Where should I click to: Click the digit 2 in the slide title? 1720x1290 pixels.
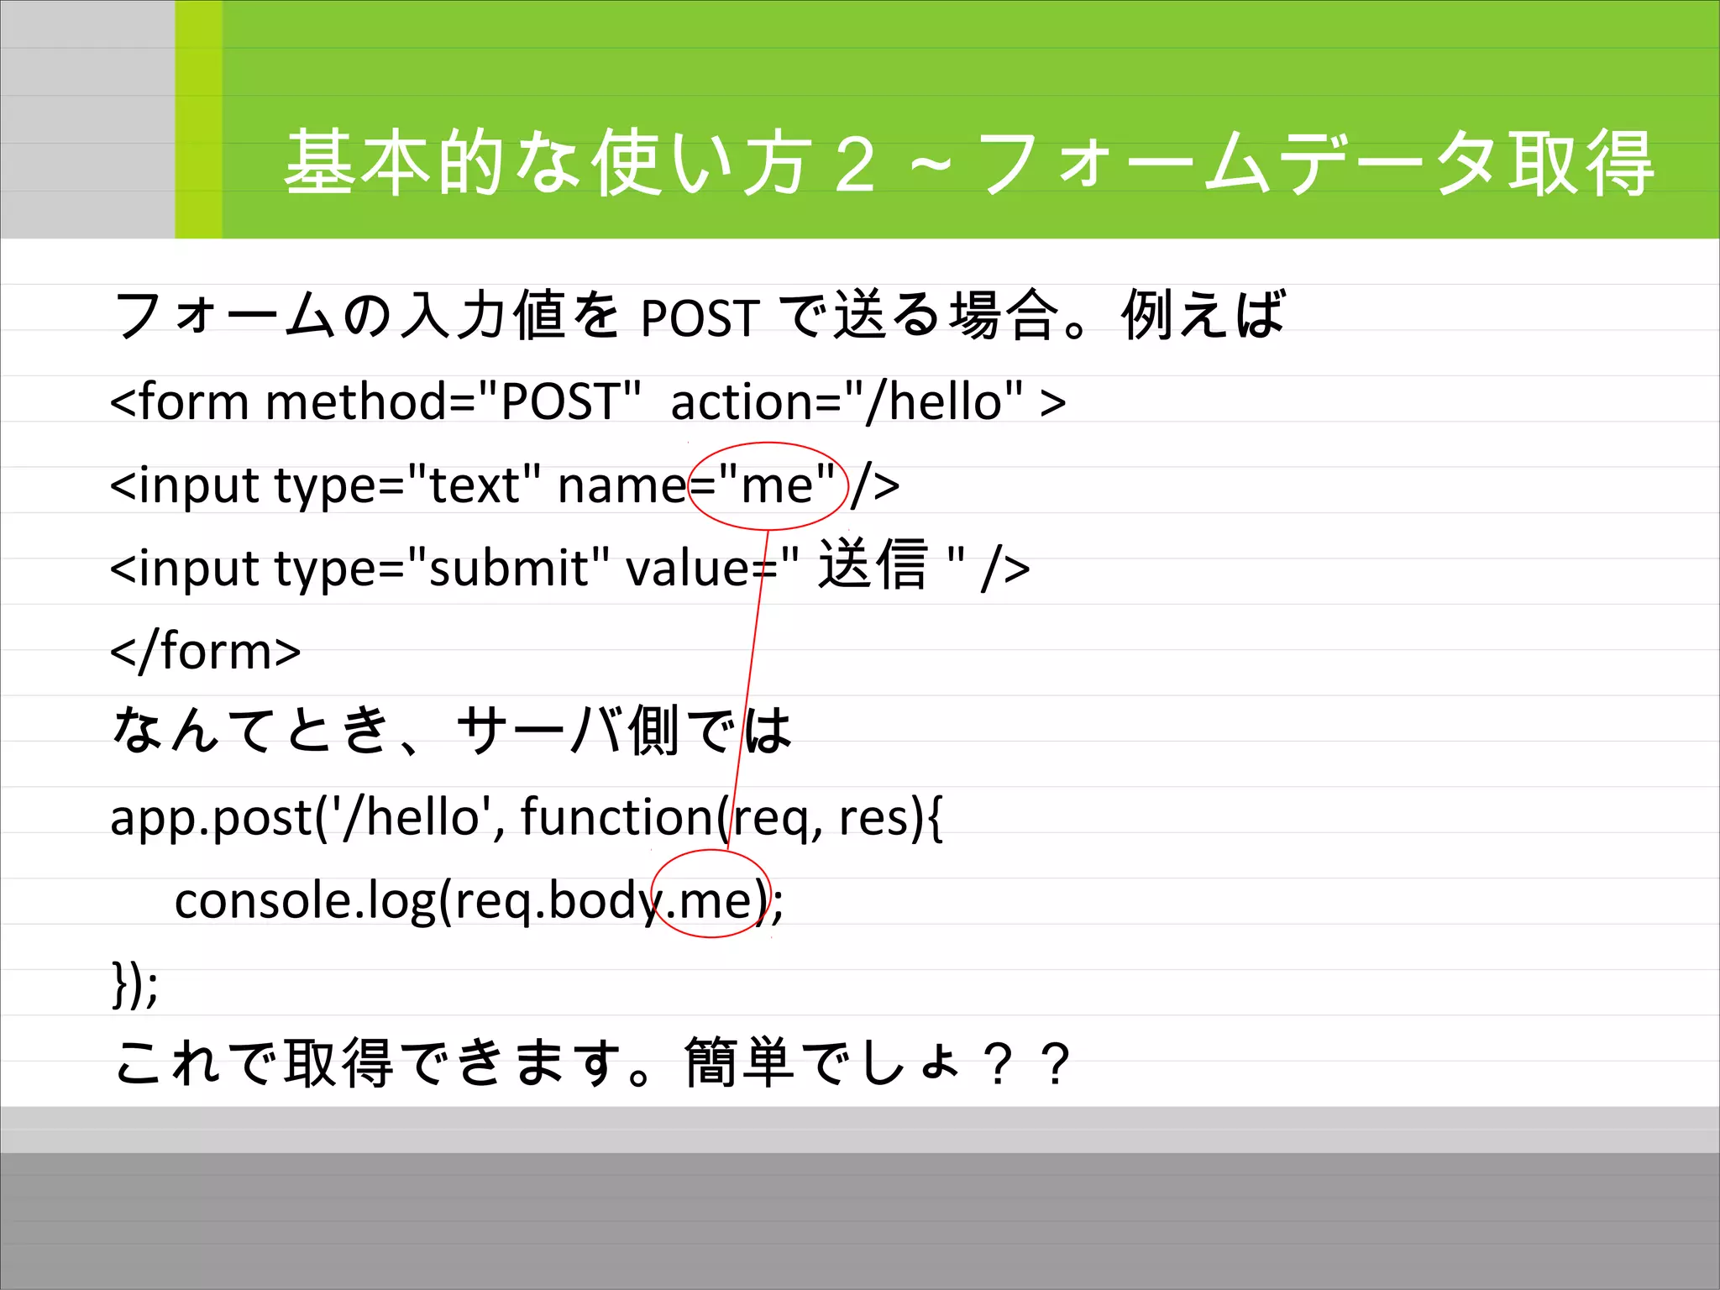click(855, 165)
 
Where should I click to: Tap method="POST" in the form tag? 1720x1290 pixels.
click(453, 401)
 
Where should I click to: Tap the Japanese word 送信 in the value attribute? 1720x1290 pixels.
click(873, 565)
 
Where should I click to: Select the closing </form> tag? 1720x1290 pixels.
click(206, 652)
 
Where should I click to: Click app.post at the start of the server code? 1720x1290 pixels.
click(210, 818)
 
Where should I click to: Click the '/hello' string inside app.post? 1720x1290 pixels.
click(412, 816)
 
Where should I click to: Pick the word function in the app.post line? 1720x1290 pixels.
click(617, 816)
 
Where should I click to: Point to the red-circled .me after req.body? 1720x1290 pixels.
click(710, 901)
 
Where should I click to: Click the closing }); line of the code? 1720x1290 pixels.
click(134, 984)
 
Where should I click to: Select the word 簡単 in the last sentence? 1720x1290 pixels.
click(739, 1064)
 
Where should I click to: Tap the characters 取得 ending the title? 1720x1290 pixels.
click(1581, 165)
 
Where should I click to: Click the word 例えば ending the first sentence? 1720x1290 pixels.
click(1203, 315)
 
